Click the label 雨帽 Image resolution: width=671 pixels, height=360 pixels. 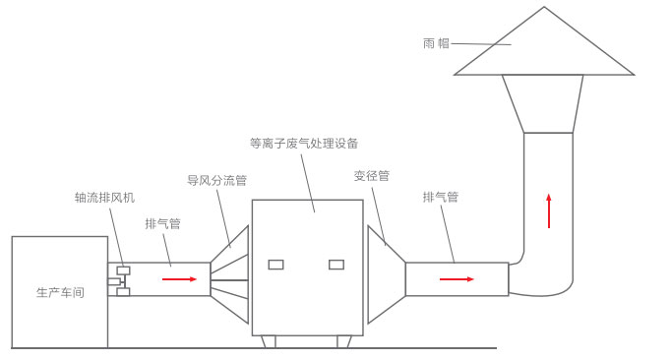tap(436, 43)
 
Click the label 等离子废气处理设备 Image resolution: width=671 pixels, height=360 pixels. tap(304, 144)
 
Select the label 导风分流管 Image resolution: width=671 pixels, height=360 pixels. tap(216, 181)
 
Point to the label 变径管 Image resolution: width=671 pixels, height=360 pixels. tap(372, 176)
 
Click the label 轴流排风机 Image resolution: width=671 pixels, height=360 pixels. tap(104, 198)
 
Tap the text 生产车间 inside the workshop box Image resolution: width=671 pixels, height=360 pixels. tap(60, 293)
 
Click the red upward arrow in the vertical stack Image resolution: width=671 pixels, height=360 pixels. tap(549, 210)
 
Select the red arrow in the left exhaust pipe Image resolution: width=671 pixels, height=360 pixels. tap(179, 279)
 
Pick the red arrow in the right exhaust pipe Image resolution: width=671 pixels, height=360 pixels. tap(457, 279)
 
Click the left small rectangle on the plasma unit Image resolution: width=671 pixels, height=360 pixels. tap(275, 265)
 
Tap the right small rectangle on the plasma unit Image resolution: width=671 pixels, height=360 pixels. tap(336, 265)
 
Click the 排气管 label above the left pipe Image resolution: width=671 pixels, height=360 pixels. tap(162, 224)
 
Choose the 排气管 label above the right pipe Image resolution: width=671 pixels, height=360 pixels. tap(441, 198)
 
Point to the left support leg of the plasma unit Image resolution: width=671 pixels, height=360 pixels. tap(268, 341)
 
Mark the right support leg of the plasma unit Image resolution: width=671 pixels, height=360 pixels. tap(344, 341)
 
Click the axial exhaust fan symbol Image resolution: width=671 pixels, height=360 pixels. tap(119, 281)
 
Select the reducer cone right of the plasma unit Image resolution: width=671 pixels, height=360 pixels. tap(385, 275)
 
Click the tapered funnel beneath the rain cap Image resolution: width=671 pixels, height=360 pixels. tap(543, 102)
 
